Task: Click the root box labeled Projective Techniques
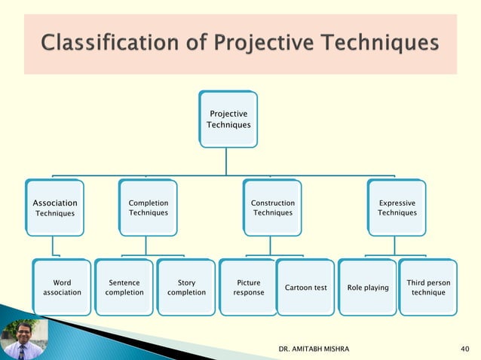click(x=228, y=119)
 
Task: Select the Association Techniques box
click(x=54, y=207)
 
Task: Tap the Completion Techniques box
click(x=148, y=207)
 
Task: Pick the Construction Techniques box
click(x=272, y=207)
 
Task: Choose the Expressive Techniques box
click(x=397, y=207)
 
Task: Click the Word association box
click(x=62, y=287)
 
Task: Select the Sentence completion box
click(x=124, y=287)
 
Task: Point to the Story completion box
click(x=186, y=287)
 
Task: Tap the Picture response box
click(x=248, y=287)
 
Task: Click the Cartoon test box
click(x=305, y=287)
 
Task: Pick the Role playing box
click(x=368, y=287)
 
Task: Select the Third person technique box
click(x=427, y=287)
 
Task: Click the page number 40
click(x=464, y=349)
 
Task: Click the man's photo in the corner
click(x=23, y=340)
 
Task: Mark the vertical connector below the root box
click(x=227, y=161)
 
